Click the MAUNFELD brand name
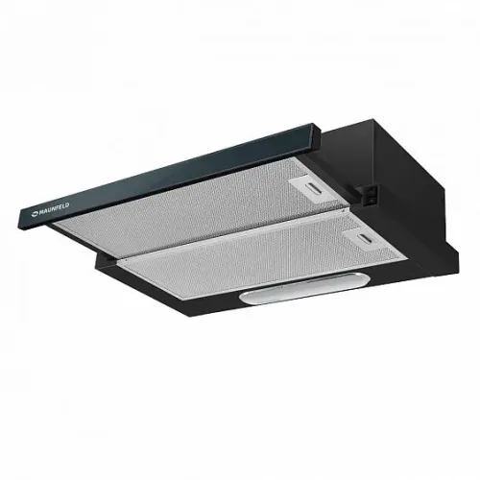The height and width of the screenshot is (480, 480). [x=54, y=209]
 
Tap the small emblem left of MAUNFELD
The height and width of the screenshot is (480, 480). [x=35, y=214]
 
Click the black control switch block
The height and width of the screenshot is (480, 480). [x=368, y=194]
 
